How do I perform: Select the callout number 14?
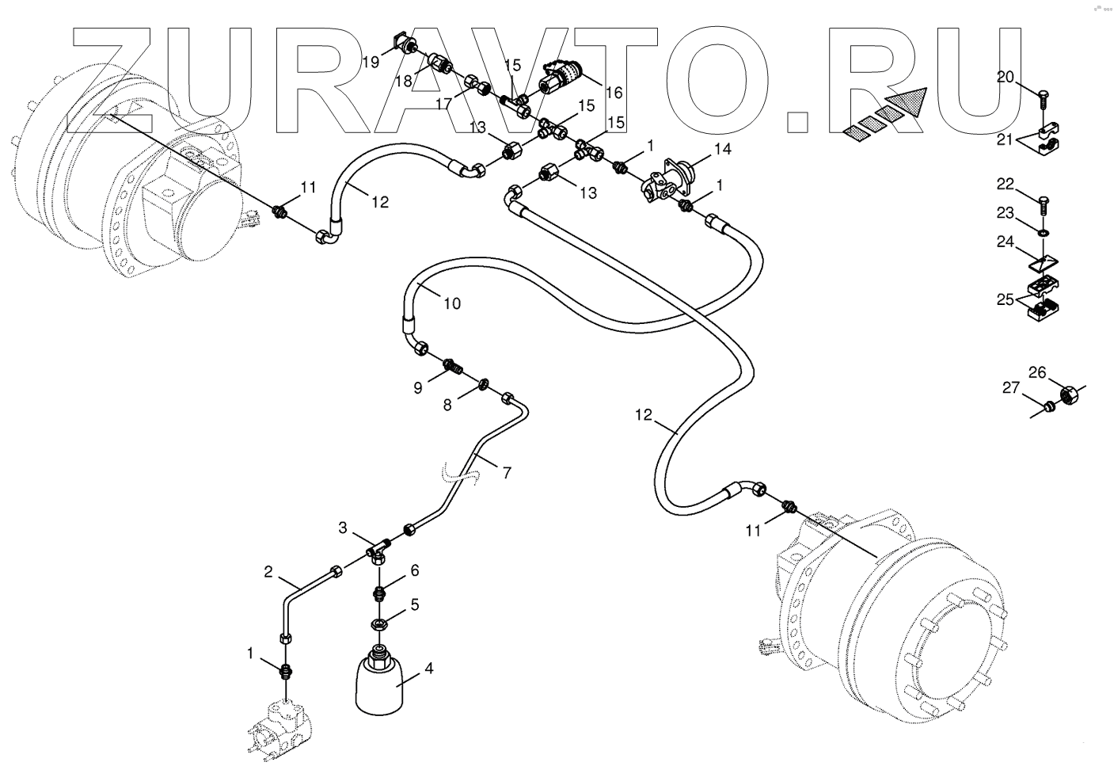click(x=722, y=148)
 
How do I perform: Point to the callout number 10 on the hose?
click(x=451, y=303)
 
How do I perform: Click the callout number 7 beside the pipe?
click(x=507, y=473)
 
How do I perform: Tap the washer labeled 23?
click(x=1043, y=233)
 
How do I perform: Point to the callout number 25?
click(x=1005, y=299)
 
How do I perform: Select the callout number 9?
click(x=417, y=388)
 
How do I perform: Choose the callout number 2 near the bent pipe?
click(x=268, y=571)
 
